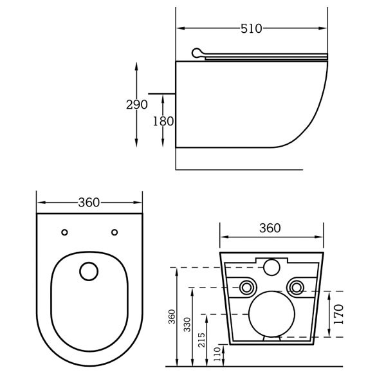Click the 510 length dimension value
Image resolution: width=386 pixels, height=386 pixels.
click(251, 28)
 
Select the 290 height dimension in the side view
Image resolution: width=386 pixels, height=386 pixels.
click(137, 105)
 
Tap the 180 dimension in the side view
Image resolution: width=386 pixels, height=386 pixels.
click(163, 121)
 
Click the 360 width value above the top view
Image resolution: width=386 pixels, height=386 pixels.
click(89, 203)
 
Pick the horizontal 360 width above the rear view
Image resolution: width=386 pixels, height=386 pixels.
click(270, 228)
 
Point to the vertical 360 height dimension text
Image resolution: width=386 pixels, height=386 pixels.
click(172, 317)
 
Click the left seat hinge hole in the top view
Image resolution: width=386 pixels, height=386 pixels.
click(64, 232)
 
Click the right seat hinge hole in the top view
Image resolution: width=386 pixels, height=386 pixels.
click(115, 232)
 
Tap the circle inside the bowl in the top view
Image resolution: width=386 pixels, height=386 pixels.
click(89, 271)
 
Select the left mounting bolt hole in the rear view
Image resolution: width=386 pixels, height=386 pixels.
click(246, 287)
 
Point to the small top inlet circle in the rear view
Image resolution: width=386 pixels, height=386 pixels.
click(271, 265)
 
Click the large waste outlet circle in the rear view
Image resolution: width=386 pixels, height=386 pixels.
click(271, 313)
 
